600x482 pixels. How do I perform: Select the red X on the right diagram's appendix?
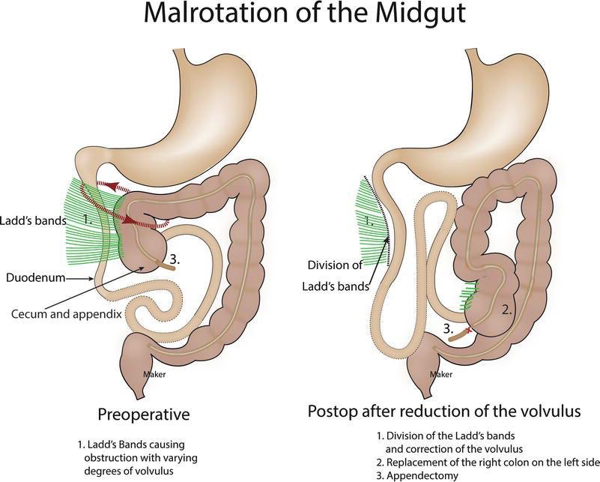469,329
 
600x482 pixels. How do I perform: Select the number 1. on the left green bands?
88,220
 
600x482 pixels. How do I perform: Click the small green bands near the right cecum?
469,295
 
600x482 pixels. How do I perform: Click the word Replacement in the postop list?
419,462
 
